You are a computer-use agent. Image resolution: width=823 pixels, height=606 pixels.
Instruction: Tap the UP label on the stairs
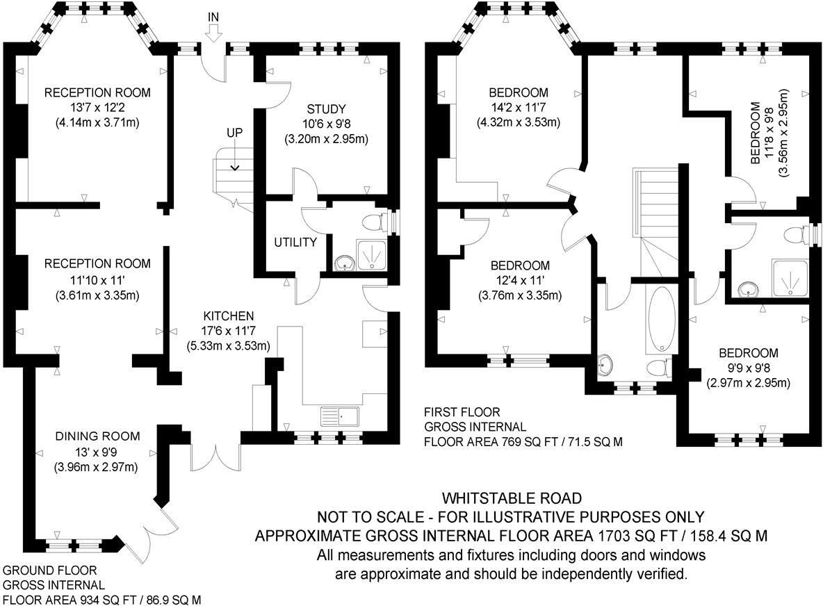click(x=234, y=132)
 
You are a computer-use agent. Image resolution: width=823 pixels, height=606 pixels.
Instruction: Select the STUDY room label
click(x=326, y=108)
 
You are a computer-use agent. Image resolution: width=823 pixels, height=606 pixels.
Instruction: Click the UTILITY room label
click(x=295, y=243)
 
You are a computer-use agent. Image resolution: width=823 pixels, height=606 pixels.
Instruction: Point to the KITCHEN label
click(x=229, y=316)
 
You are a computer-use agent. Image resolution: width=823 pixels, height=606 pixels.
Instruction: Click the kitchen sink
click(x=339, y=416)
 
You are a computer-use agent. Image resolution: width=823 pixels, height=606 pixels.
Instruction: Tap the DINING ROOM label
click(x=97, y=436)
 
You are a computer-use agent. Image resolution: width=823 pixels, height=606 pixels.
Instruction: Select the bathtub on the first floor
click(x=660, y=318)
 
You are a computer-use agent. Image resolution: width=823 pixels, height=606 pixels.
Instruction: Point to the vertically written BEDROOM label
click(x=756, y=133)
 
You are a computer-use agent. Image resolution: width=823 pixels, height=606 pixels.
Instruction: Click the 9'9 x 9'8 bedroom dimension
click(x=749, y=368)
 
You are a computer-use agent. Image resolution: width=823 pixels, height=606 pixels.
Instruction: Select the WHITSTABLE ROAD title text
click(x=512, y=498)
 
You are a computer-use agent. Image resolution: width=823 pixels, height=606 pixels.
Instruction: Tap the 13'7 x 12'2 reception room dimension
click(x=97, y=108)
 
